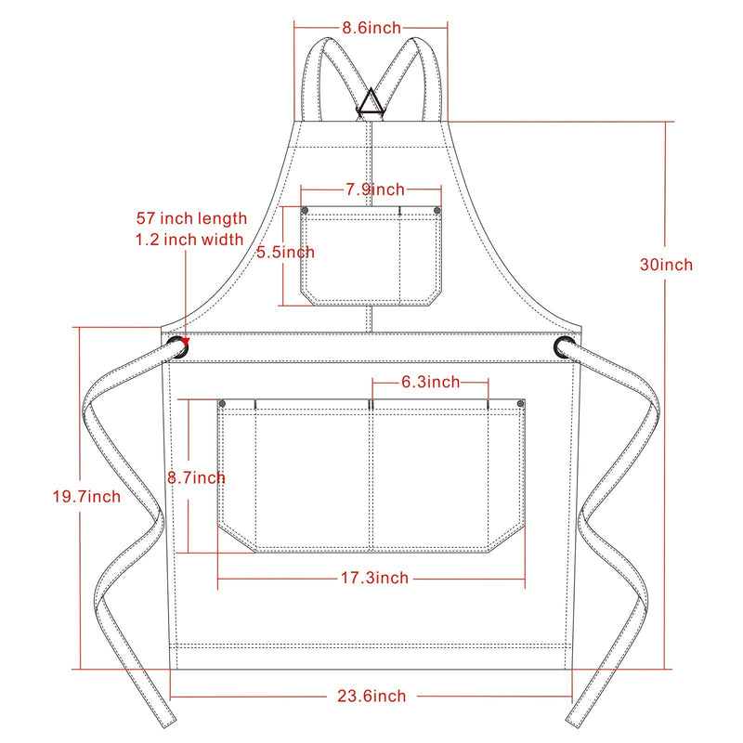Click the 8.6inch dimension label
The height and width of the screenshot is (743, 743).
[371, 28]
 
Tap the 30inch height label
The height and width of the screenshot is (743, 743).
[666, 265]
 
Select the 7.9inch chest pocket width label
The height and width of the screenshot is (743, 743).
[375, 189]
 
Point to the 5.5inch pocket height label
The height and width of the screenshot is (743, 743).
[285, 252]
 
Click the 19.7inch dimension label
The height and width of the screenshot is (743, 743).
[86, 497]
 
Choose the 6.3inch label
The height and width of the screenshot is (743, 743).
[430, 382]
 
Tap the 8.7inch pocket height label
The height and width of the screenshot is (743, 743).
[196, 477]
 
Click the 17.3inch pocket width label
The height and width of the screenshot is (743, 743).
[375, 578]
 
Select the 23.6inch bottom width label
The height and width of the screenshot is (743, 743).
[371, 696]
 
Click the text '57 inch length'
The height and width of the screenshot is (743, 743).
[191, 218]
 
